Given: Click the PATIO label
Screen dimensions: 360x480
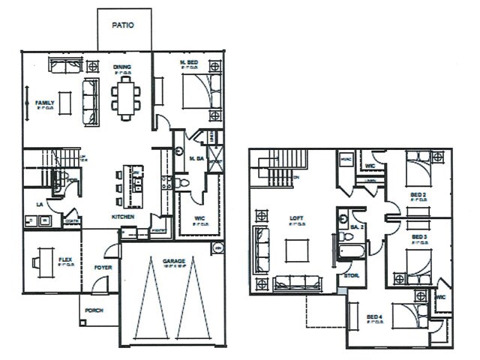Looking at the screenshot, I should tap(123, 25).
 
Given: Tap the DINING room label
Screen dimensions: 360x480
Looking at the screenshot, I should tap(122, 67).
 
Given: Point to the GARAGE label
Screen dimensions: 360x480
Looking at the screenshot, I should tap(173, 262).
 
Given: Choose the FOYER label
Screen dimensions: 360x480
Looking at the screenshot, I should tap(102, 266).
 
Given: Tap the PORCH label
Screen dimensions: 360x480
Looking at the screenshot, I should tap(94, 310).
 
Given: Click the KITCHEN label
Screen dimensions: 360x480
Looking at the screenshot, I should tap(123, 216).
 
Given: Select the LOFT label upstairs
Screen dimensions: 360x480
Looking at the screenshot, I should tap(295, 219).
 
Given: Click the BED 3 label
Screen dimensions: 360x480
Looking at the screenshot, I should tap(419, 237).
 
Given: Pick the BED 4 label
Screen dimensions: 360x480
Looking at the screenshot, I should tap(375, 317).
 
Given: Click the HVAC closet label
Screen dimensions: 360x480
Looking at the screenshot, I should tap(346, 158).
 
